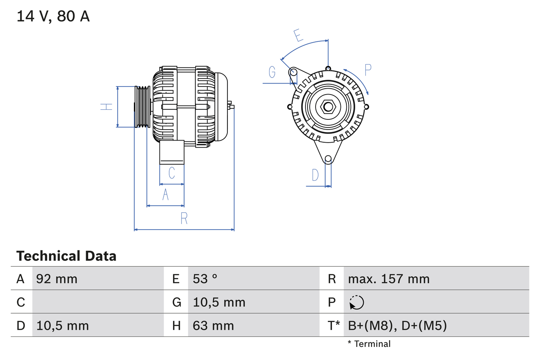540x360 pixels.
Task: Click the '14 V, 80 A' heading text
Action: point(53,16)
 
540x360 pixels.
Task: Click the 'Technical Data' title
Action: point(66,256)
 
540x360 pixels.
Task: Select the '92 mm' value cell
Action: point(57,279)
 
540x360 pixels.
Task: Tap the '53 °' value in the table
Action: point(205,279)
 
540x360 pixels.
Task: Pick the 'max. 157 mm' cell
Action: point(389,279)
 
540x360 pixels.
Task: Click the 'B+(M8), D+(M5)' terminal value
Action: point(397,325)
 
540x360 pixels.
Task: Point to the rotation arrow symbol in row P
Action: point(356,302)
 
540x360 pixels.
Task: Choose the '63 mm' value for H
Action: point(213,325)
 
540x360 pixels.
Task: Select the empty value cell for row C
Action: point(97,302)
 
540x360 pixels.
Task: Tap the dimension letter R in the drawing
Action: point(184,218)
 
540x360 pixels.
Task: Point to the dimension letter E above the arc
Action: point(299,35)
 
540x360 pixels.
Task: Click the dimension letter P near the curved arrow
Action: point(367,70)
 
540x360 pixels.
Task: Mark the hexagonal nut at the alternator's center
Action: point(328,106)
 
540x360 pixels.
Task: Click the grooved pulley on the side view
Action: point(142,107)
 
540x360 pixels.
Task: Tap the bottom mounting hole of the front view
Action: point(328,159)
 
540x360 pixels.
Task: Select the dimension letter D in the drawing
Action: point(315,175)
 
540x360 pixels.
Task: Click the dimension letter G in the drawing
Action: point(272,73)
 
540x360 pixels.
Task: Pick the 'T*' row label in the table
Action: point(333,325)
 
